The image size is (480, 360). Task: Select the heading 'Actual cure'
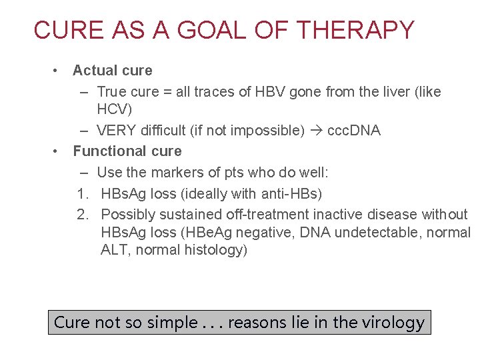(112, 71)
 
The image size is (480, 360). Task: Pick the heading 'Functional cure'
(127, 151)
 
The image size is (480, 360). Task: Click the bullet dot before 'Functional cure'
(58, 151)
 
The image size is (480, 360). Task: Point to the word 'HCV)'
(115, 109)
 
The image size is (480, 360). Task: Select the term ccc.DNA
(353, 131)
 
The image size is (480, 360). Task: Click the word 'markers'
(175, 173)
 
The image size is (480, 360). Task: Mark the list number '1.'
(83, 194)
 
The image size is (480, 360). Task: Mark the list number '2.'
(83, 215)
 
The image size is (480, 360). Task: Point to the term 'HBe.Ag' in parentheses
(217, 233)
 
